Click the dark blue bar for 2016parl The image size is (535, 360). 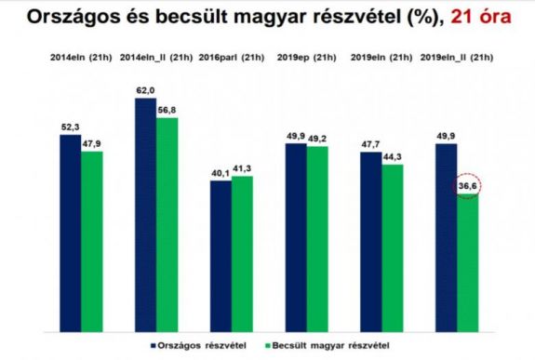point(221,242)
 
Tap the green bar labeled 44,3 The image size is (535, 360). point(393,233)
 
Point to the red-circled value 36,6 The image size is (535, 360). point(468,187)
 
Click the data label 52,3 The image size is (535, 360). point(70,127)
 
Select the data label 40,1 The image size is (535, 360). point(221,172)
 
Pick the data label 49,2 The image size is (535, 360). point(317,138)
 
